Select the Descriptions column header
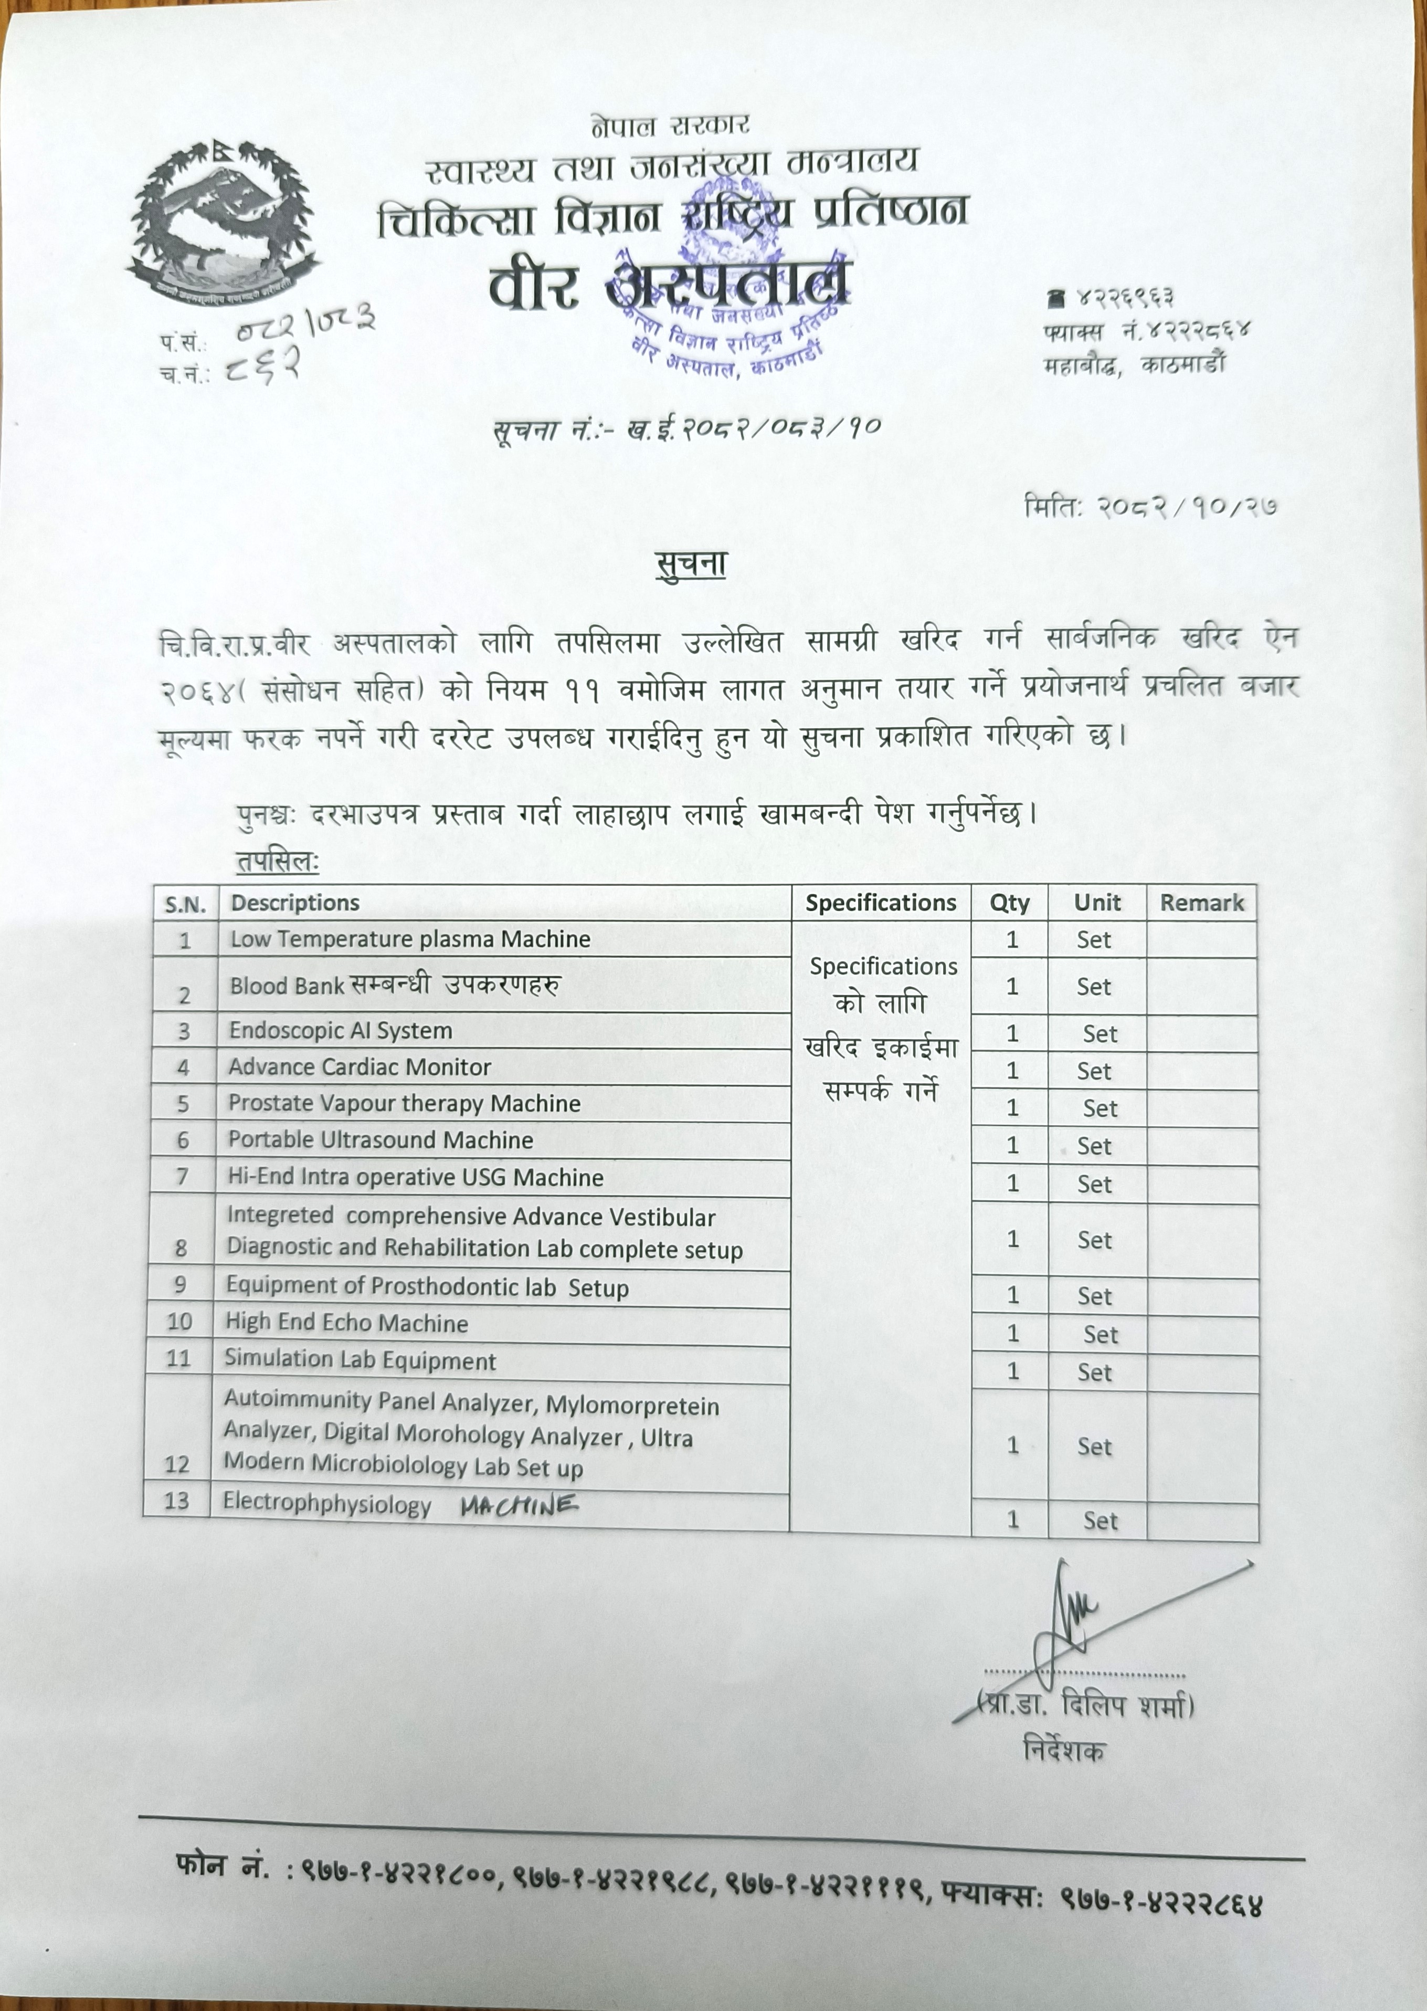(295, 903)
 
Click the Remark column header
(1201, 903)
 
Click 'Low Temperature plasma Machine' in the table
(409, 939)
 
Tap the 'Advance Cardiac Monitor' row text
(360, 1067)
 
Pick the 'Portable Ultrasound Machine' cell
(380, 1140)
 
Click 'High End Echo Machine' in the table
(346, 1323)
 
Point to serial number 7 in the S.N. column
(182, 1176)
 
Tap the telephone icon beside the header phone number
(1056, 299)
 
